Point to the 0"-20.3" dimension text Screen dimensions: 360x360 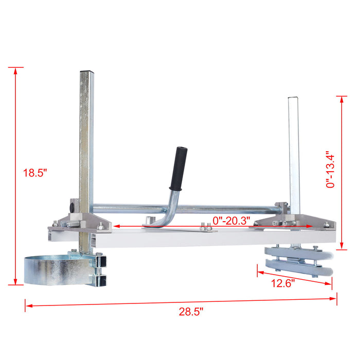[231, 220]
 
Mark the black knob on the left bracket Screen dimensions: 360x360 [71, 206]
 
